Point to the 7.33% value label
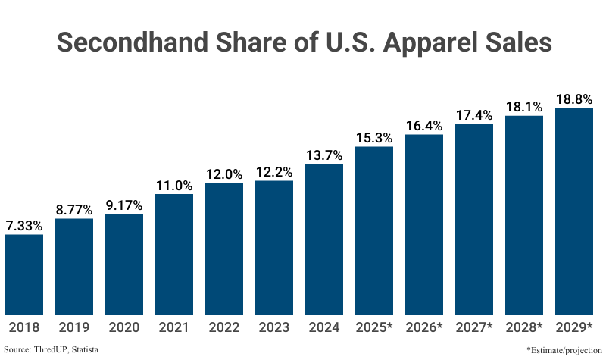(24, 226)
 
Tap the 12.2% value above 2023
(274, 172)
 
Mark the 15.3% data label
(374, 138)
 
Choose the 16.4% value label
(424, 126)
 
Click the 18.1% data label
(524, 107)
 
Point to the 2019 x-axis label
(74, 327)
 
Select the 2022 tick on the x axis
(224, 327)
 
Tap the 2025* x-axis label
(374, 327)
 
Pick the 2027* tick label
(474, 327)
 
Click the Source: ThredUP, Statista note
(52, 349)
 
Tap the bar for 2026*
(424, 224)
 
